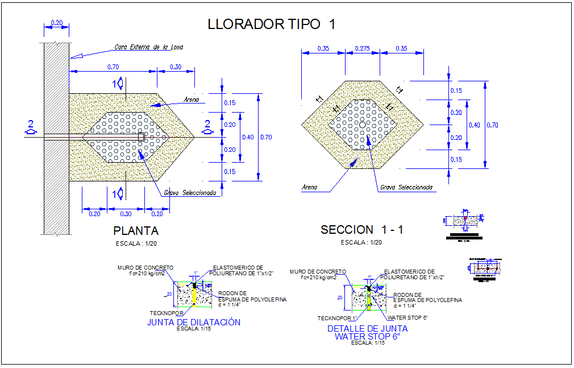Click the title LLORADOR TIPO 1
(x=272, y=24)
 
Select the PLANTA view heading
(x=136, y=231)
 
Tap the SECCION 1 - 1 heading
(x=362, y=230)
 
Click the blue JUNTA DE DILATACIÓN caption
(x=194, y=322)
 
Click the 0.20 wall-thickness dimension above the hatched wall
(x=57, y=22)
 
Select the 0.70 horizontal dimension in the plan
(x=113, y=67)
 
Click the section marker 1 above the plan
(x=117, y=84)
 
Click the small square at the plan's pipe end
(x=142, y=137)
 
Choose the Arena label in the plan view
(x=192, y=100)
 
